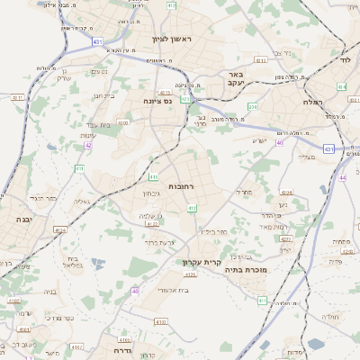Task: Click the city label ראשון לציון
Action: [171, 39]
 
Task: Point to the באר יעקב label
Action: [234, 78]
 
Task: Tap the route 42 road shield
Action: [88, 144]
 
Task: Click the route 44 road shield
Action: [342, 153]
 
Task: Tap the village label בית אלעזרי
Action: [171, 290]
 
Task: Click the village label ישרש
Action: [259, 139]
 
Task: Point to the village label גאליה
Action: [80, 202]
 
